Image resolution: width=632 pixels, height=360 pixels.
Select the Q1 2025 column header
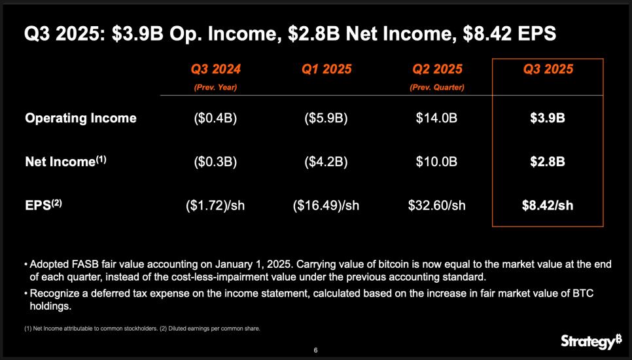click(326, 69)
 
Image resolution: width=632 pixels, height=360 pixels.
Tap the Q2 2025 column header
click(437, 69)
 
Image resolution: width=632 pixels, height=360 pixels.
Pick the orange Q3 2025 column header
click(548, 69)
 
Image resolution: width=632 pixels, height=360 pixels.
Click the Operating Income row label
click(80, 118)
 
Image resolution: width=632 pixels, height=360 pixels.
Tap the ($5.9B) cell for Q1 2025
click(326, 118)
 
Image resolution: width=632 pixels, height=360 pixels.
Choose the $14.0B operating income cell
click(437, 118)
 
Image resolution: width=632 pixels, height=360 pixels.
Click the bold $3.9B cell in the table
click(548, 118)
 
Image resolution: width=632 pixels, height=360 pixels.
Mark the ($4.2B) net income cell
click(326, 162)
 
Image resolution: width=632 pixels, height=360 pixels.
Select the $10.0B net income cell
click(437, 162)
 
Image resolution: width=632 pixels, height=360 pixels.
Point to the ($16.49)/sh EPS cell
click(326, 206)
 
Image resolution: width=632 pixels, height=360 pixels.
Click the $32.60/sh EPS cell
click(437, 206)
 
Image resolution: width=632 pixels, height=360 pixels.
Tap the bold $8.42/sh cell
click(548, 206)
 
